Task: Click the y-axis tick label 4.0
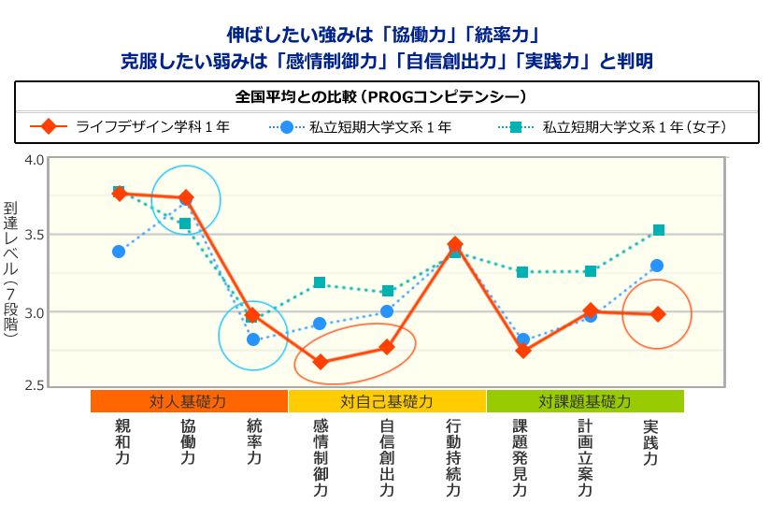pos(34,159)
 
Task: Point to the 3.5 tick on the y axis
pos(34,235)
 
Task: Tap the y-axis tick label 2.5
pos(34,385)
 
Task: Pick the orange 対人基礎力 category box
pos(189,401)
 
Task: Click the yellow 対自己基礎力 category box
pos(387,401)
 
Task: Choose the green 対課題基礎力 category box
pos(585,401)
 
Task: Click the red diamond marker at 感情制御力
pos(321,362)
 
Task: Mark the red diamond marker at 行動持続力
pos(455,245)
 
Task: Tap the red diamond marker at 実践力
pos(658,314)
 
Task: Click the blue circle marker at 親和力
pos(119,252)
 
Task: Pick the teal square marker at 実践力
pos(659,230)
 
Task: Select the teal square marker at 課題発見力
pos(523,272)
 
